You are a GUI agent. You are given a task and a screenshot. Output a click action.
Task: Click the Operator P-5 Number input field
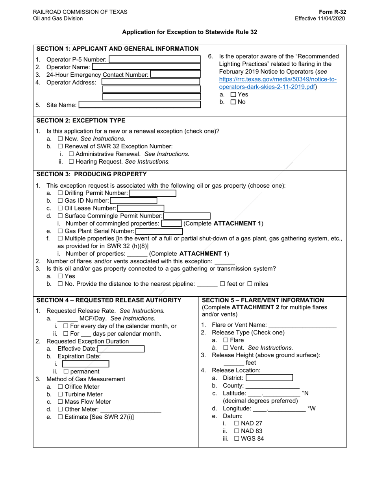[154, 60]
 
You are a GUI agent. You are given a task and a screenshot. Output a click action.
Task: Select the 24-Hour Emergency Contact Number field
[175, 74]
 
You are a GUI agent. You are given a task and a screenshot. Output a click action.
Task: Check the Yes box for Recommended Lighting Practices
[233, 94]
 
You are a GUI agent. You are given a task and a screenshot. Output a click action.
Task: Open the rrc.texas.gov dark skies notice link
[278, 83]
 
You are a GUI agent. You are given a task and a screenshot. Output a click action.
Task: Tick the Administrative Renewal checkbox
[71, 154]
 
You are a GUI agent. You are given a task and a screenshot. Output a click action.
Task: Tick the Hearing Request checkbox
[71, 161]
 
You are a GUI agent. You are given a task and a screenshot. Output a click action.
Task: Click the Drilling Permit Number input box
[153, 193]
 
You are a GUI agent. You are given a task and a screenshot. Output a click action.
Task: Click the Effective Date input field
[121, 349]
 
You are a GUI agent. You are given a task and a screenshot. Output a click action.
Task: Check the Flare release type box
[226, 340]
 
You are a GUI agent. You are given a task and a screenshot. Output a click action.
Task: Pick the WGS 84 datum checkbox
[236, 438]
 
